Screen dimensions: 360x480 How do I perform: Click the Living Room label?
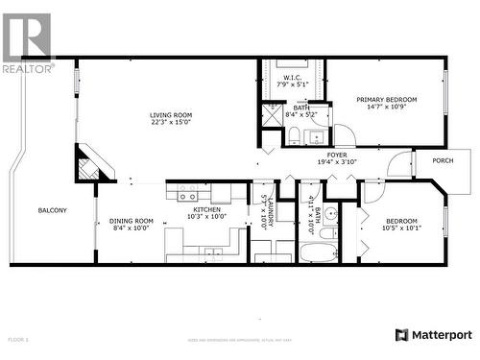coord(170,115)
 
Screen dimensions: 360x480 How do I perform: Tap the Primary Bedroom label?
coord(387,99)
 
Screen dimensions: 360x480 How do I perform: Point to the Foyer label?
coord(337,154)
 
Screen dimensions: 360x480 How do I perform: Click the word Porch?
coord(443,160)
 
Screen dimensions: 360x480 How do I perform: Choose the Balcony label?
coord(52,210)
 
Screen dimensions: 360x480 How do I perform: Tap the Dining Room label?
coord(131,222)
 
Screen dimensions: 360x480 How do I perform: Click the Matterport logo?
coord(434,335)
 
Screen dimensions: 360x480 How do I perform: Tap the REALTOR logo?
coord(26,43)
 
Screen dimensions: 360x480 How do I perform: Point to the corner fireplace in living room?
coord(90,164)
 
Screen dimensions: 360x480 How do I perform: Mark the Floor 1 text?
coord(18,340)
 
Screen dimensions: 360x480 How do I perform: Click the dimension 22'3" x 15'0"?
coord(170,122)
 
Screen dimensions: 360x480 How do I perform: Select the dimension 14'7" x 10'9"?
coord(387,107)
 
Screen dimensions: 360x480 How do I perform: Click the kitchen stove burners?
coord(187,194)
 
